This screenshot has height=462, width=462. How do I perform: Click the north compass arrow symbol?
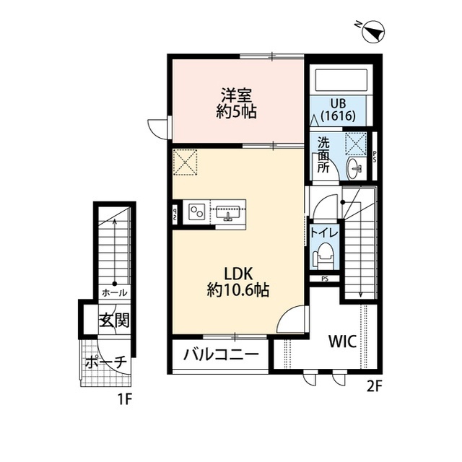click(373, 31)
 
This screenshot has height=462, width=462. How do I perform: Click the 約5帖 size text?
click(237, 112)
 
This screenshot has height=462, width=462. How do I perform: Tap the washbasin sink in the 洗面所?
click(355, 168)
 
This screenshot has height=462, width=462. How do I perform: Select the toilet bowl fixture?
click(324, 256)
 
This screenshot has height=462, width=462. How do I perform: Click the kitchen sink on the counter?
click(227, 212)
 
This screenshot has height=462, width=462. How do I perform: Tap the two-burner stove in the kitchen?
click(196, 212)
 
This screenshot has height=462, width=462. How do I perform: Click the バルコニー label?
click(220, 355)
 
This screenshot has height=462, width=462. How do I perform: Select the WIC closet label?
click(343, 342)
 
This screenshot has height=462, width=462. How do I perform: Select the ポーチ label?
click(106, 361)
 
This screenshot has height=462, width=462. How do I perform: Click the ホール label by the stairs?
click(114, 293)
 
